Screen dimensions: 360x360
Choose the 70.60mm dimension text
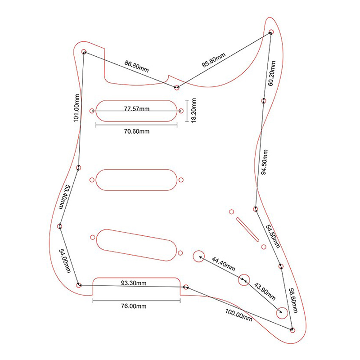pyautogui.click(x=136, y=131)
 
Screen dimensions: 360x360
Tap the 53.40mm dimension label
pyautogui.click(x=64, y=197)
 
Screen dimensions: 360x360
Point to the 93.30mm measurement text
pyautogui.click(x=134, y=283)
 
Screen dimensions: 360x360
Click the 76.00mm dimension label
pyautogui.click(x=133, y=306)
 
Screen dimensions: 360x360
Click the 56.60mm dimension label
pyautogui.click(x=293, y=301)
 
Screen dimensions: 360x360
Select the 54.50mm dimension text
pyautogui.click(x=273, y=236)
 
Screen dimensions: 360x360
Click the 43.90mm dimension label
pyautogui.click(x=265, y=291)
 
